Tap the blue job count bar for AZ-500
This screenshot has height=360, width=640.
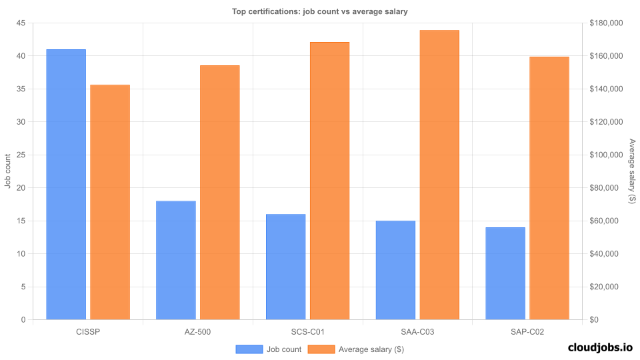click(176, 260)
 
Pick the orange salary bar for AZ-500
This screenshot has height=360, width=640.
click(219, 193)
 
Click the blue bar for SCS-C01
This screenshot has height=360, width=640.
click(285, 267)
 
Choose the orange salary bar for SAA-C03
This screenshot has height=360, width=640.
click(439, 175)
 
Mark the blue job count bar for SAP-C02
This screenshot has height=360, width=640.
click(505, 273)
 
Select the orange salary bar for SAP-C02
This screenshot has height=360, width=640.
click(549, 188)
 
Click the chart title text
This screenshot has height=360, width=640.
click(319, 11)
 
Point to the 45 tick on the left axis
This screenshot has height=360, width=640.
click(21, 23)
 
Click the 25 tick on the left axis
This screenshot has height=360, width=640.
click(21, 155)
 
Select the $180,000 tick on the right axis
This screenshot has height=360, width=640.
click(606, 23)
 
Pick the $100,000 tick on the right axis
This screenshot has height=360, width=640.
click(606, 155)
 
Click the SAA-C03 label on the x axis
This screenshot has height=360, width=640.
click(417, 331)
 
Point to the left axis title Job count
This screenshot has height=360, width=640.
click(8, 171)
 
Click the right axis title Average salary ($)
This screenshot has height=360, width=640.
click(632, 171)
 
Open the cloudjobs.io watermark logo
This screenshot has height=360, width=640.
click(599, 347)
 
